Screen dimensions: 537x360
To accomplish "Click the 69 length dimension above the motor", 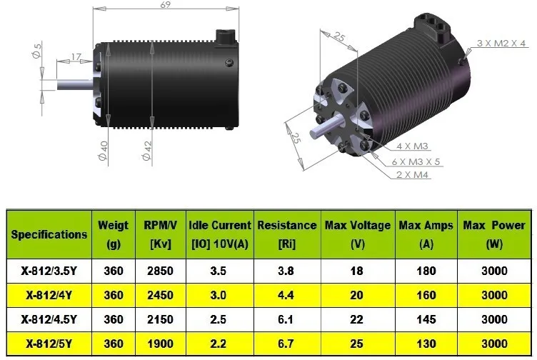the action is click(x=166, y=5).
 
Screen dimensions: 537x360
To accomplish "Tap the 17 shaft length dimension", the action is click(x=76, y=57).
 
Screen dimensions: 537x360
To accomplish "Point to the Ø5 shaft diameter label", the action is click(x=37, y=50).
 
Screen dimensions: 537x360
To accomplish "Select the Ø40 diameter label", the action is click(x=103, y=151).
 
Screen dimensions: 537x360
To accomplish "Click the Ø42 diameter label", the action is click(x=147, y=151).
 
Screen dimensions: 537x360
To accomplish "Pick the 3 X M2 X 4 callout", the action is click(x=501, y=43).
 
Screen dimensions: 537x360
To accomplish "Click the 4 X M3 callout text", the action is click(x=412, y=146).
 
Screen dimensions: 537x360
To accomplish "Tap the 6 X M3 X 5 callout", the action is click(x=416, y=161).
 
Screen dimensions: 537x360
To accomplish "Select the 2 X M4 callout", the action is click(x=412, y=175).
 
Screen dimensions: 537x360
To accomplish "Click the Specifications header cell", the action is click(x=49, y=234).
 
